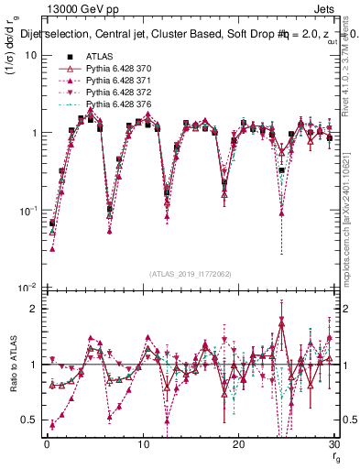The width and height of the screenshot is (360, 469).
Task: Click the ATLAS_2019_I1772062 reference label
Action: coord(191,274)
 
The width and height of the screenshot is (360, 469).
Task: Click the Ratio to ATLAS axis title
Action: coord(13,377)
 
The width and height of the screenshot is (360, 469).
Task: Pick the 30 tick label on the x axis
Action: coord(334,445)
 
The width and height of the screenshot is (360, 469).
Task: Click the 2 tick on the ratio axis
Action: coord(32,308)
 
